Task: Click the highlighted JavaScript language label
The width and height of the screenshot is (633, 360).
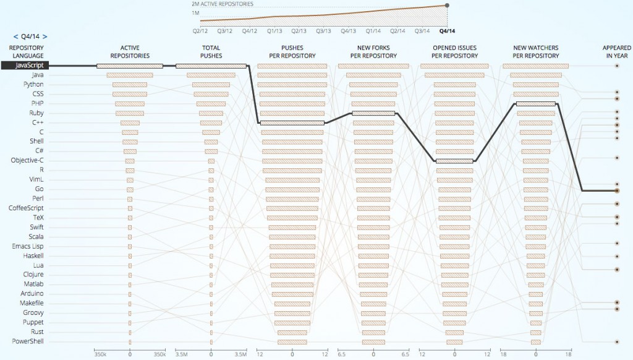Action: coord(24,65)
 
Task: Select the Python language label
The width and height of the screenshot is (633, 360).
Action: coord(33,84)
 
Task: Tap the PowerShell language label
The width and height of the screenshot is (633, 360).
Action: coord(28,341)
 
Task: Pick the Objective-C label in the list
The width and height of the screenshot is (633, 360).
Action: coord(27,160)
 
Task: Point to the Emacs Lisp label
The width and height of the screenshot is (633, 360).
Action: coord(28,246)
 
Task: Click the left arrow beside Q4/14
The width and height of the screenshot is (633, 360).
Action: coord(15,36)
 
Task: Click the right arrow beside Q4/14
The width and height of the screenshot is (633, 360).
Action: coord(45,36)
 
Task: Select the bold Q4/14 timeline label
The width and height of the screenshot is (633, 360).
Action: coord(446,30)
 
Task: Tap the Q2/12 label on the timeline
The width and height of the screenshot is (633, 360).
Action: coord(200,30)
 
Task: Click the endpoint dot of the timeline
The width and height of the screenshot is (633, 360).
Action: coord(446,6)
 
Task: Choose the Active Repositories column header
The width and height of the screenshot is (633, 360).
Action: coord(130,52)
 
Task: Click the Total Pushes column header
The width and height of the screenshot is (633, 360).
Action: coord(211,52)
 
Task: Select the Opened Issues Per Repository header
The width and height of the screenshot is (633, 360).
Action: coord(454,52)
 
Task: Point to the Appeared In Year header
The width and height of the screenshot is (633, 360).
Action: coord(617,52)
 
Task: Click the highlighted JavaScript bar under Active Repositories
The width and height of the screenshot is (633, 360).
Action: coord(130,66)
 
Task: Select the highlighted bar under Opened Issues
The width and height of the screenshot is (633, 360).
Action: coord(454,161)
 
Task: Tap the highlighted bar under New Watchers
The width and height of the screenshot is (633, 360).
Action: coord(535,104)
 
